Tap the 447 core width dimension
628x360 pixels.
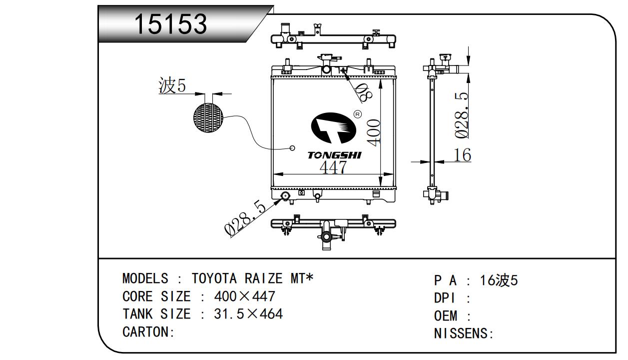click(x=333, y=167)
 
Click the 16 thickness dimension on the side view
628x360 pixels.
click(x=463, y=155)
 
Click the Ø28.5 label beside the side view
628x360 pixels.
click(x=462, y=115)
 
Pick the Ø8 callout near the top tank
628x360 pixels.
click(x=363, y=91)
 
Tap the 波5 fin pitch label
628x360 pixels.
click(x=172, y=86)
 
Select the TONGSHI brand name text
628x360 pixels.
click(x=334, y=155)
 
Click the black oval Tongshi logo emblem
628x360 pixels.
click(x=333, y=129)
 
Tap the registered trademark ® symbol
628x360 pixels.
click(x=357, y=114)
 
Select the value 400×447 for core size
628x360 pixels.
click(x=244, y=296)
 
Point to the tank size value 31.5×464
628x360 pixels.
click(x=248, y=314)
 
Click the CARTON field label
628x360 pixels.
click(x=148, y=332)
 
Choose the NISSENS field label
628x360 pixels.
click(x=463, y=333)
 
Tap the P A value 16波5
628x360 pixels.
click(x=499, y=280)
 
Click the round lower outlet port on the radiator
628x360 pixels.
click(x=286, y=196)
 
